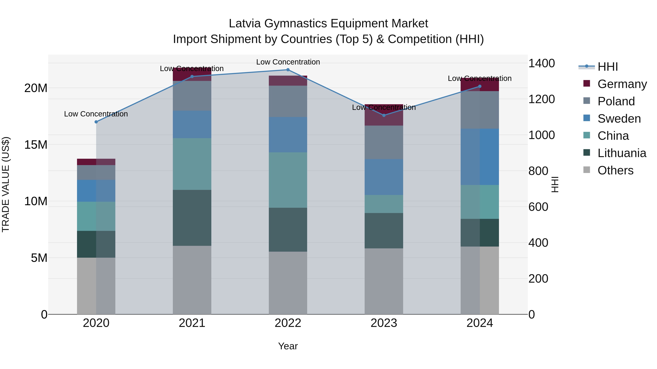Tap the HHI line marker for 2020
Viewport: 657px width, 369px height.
point(96,122)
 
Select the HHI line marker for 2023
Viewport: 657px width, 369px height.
point(384,115)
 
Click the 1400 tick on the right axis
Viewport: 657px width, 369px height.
point(541,63)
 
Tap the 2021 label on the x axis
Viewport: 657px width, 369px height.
point(192,323)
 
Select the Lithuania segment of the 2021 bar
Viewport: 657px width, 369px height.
point(192,218)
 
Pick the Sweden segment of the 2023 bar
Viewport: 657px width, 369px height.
point(384,177)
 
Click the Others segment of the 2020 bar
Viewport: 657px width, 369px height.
point(96,286)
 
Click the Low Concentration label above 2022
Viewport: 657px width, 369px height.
point(288,62)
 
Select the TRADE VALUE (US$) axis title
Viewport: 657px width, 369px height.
point(6,184)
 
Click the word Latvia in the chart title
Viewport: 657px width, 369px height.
point(245,24)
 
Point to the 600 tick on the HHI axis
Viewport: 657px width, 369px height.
point(538,207)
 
